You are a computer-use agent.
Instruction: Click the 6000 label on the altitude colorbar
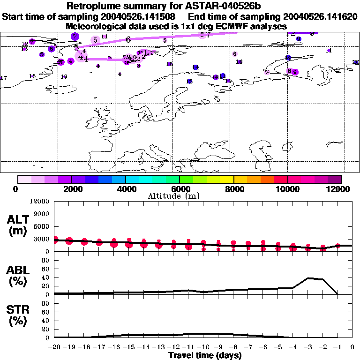(x=180, y=189)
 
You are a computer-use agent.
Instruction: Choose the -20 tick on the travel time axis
(x=54, y=347)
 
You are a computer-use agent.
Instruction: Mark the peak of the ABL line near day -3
(x=308, y=278)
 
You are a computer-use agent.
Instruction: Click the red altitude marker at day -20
(x=55, y=240)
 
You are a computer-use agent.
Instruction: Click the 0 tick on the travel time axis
(x=352, y=347)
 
